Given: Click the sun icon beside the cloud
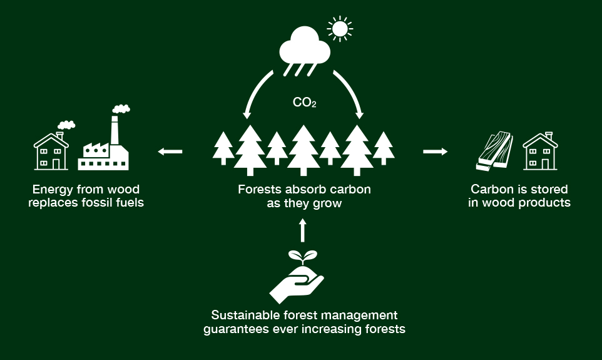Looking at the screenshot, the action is click(340, 28).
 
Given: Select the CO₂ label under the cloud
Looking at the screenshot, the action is click(304, 102).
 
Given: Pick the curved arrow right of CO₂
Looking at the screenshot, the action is click(351, 93).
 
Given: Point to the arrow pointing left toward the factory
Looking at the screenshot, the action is click(170, 151).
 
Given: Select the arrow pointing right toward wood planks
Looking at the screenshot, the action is click(436, 151).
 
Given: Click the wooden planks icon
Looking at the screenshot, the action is click(494, 152).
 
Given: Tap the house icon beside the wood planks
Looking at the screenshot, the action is click(540, 151).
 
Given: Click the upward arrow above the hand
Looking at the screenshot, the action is click(303, 230).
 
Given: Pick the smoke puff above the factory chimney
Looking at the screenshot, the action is click(121, 109).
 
